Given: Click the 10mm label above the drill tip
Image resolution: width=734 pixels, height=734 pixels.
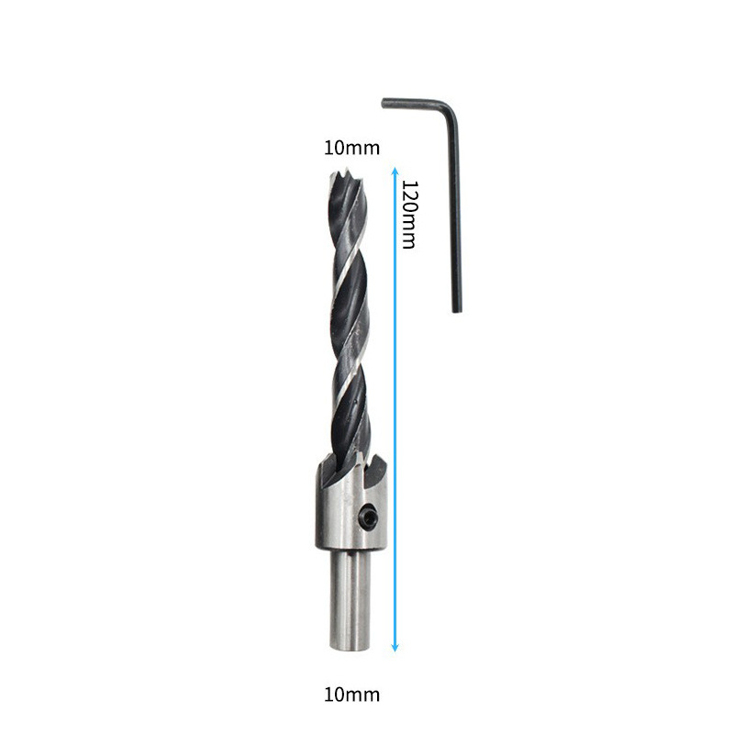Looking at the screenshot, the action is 351,148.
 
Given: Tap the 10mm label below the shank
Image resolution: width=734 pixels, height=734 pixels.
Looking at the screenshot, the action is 351,695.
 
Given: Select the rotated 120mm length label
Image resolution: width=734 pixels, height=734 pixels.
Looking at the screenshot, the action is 409,215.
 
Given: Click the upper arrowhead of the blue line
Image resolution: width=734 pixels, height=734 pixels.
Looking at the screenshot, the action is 395,171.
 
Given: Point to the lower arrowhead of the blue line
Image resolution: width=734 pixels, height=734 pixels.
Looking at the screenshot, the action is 395,648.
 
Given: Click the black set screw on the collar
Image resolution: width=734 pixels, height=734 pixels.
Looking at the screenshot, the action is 368,517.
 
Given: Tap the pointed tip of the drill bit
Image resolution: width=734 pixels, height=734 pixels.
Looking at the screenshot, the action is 347,171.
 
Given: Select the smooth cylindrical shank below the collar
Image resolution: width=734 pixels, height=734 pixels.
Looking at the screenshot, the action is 350,600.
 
